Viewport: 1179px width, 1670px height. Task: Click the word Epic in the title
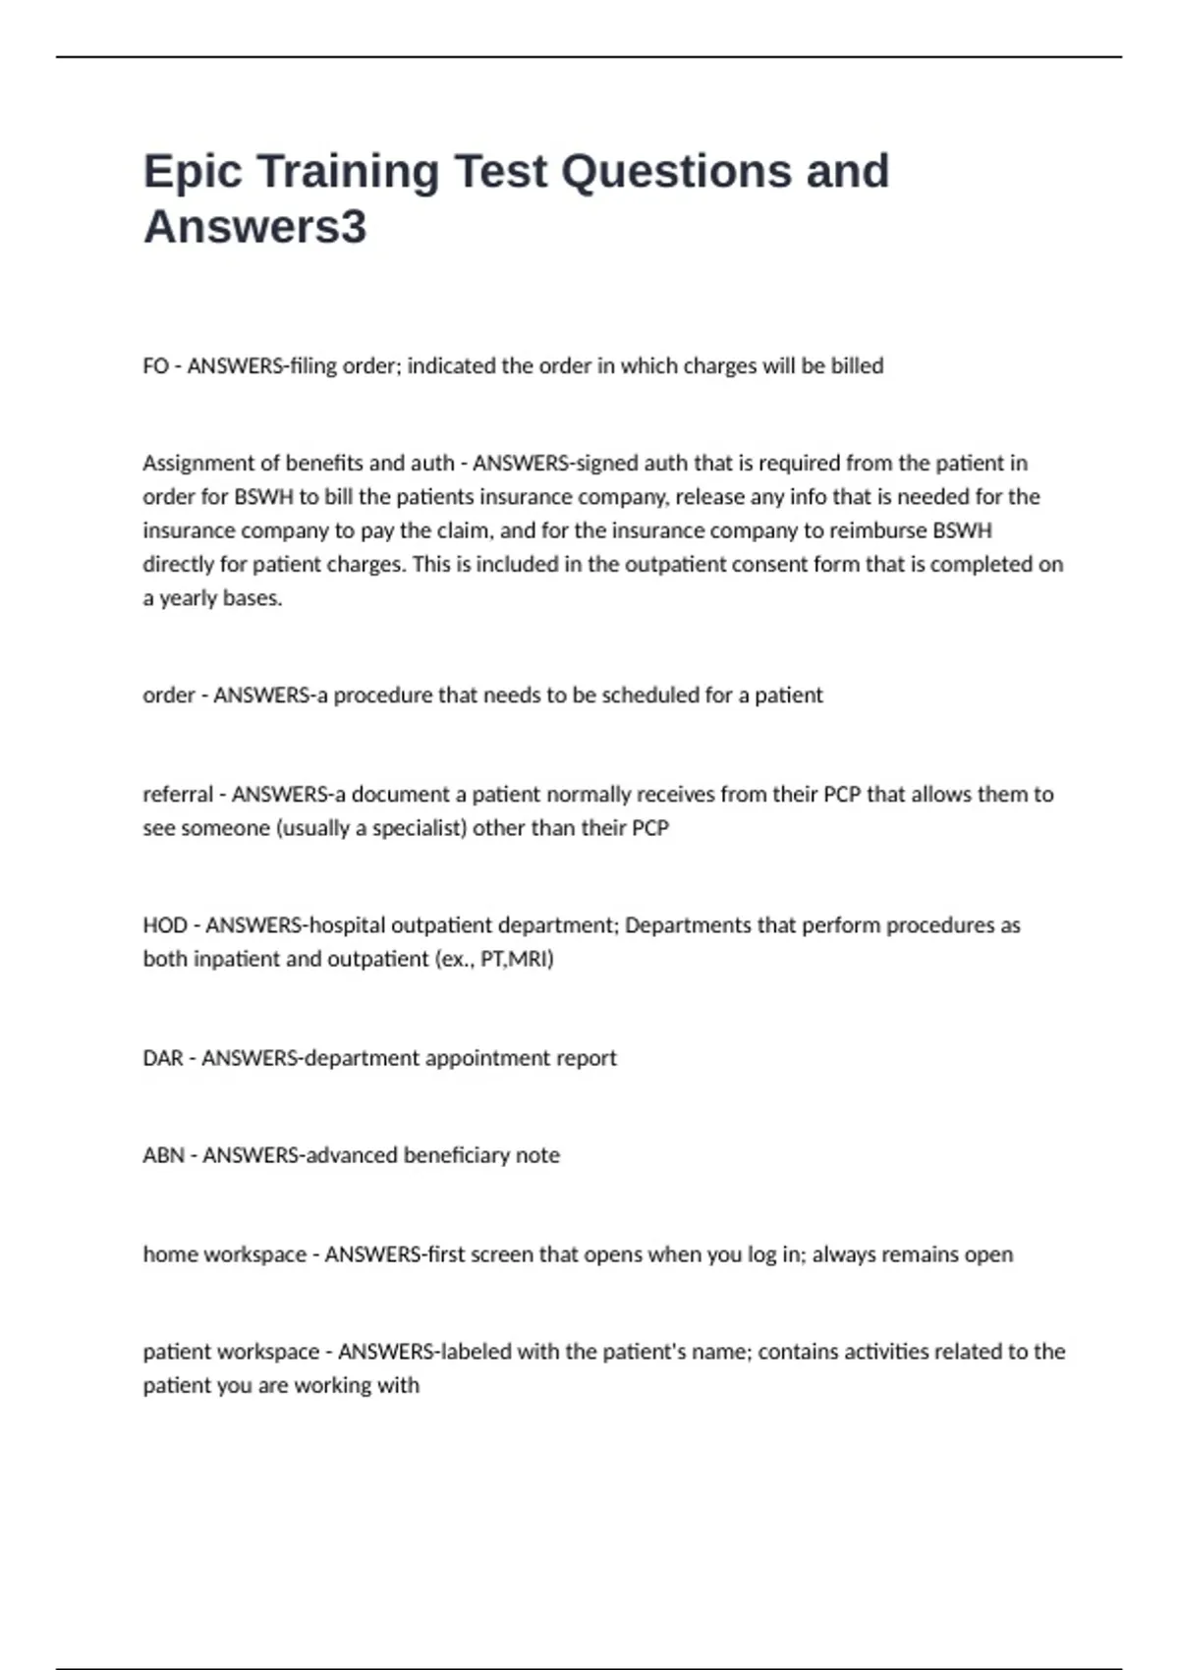coord(193,172)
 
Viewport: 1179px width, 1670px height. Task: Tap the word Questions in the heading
coord(676,172)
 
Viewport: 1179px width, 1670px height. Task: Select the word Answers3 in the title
coord(254,227)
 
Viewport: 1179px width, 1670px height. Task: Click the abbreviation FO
coord(155,366)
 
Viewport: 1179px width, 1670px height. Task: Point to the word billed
coord(857,366)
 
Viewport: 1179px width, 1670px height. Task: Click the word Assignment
coord(199,463)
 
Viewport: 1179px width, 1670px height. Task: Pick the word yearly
coord(190,598)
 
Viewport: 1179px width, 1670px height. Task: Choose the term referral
coord(178,794)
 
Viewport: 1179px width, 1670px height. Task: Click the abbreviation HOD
coord(164,925)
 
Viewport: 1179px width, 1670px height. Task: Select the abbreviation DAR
coord(162,1058)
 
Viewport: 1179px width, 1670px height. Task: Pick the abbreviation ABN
coord(163,1155)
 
